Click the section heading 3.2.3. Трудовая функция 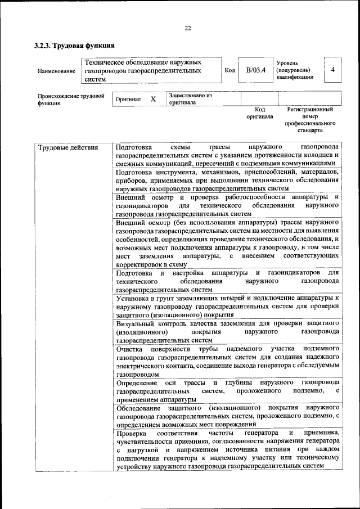[x=75, y=45]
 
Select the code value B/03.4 [x=255, y=70]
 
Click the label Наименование [x=56, y=71]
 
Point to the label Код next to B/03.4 [x=229, y=70]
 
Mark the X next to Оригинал [x=152, y=99]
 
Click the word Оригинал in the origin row [x=128, y=100]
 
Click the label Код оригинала [x=259, y=113]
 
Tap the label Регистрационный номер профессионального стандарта [x=310, y=119]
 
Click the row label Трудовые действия [x=67, y=148]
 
